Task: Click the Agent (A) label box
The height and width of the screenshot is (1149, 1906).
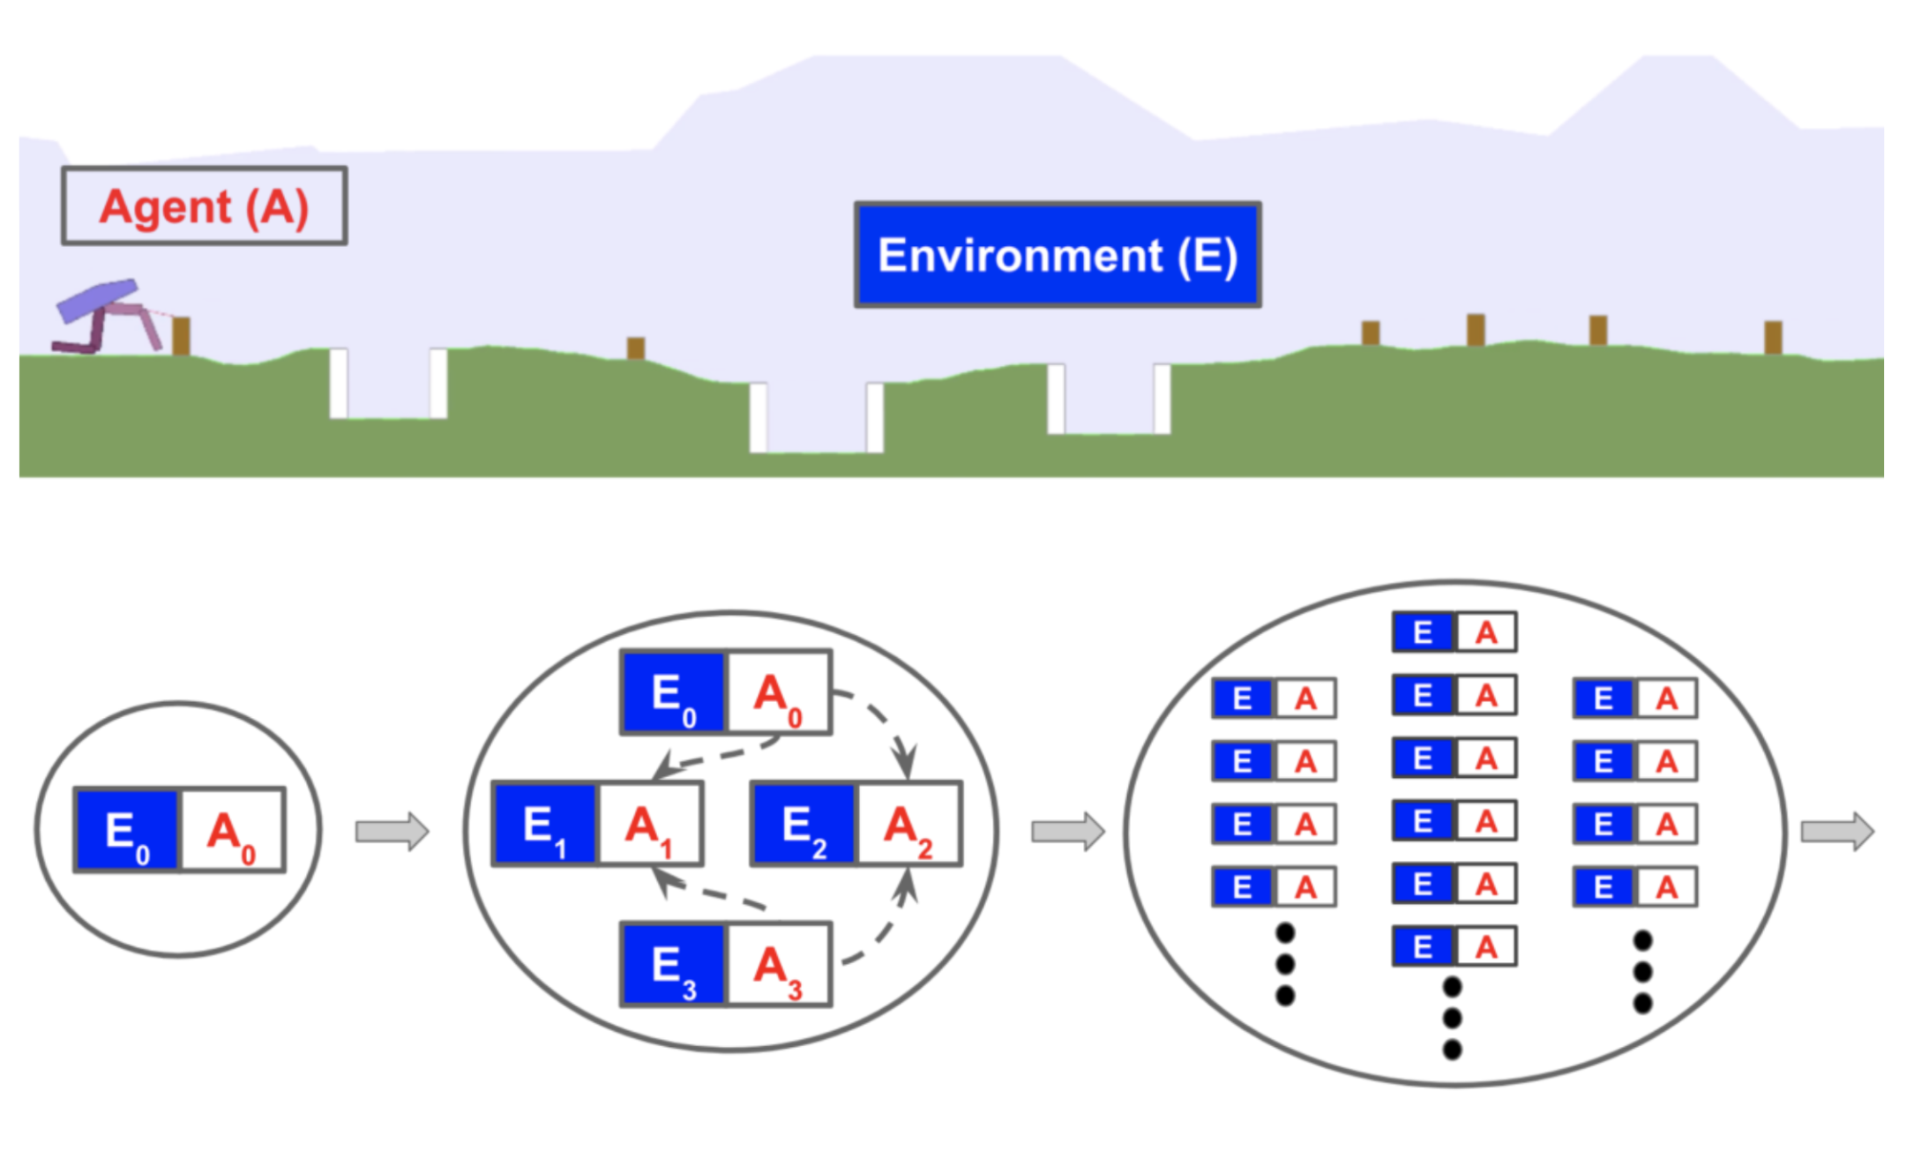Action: click(204, 206)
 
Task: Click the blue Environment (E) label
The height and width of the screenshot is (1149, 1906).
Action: click(1057, 255)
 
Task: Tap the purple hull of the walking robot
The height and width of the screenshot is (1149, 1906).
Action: click(95, 300)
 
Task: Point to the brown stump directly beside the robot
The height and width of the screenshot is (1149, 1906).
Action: click(180, 336)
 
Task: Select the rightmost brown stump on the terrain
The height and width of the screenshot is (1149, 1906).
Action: click(1773, 338)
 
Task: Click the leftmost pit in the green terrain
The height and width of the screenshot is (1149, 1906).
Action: click(388, 386)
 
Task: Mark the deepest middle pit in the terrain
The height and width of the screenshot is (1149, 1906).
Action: click(816, 420)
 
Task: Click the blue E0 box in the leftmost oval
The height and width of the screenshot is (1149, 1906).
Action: click(127, 830)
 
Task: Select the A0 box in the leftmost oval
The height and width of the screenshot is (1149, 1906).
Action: click(232, 830)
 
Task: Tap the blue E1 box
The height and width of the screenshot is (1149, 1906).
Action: click(544, 824)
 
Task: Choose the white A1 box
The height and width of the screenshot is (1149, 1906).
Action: click(649, 824)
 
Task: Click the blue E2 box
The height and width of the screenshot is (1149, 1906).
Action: click(804, 824)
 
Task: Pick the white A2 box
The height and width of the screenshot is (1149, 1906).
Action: click(909, 824)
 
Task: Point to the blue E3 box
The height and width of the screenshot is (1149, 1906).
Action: click(673, 964)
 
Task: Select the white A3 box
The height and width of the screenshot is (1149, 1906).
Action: click(778, 964)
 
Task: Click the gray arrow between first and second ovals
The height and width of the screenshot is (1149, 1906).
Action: click(392, 831)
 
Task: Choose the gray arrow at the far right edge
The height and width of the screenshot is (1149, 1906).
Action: click(1836, 831)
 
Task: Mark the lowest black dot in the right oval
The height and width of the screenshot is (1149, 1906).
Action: click(1452, 1050)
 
